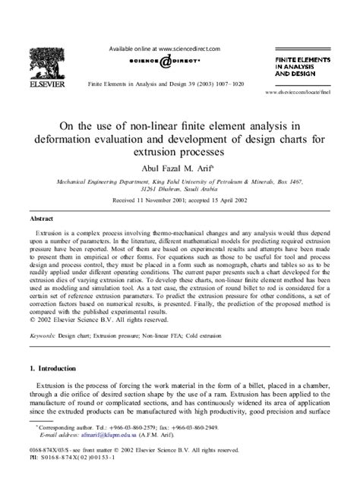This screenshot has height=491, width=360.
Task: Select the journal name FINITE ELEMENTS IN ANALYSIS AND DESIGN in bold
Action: click(302, 66)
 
